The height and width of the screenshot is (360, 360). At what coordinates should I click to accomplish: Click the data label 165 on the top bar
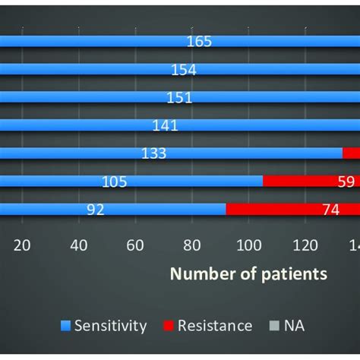[x=199, y=42]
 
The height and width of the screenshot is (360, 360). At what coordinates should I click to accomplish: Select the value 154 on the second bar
[x=184, y=70]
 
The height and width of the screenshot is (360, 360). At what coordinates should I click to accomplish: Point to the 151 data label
[x=180, y=98]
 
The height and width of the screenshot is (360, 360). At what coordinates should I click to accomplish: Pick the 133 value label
[x=154, y=153]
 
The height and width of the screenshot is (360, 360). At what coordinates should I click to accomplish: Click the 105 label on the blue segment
[x=114, y=182]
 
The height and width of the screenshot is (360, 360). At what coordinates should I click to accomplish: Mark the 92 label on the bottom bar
[x=95, y=210]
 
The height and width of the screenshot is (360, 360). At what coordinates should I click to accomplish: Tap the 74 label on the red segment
[x=330, y=210]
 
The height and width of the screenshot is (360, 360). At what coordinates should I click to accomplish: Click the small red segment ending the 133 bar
[x=351, y=153]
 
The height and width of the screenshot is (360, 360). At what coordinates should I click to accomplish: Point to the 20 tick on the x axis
[x=22, y=245]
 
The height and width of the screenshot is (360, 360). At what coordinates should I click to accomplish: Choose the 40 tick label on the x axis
[x=79, y=245]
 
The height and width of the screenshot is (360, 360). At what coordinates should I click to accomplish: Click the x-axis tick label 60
[x=135, y=245]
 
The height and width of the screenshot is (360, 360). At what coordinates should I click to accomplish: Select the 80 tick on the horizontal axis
[x=192, y=245]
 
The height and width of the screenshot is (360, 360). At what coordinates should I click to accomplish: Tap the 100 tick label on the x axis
[x=248, y=245]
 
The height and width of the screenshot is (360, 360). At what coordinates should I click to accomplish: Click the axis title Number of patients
[x=248, y=274]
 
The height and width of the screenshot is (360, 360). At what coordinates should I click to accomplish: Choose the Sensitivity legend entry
[x=110, y=326]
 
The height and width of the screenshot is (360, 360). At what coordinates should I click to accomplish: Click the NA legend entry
[x=289, y=326]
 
